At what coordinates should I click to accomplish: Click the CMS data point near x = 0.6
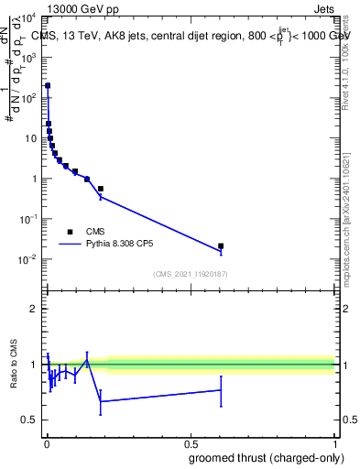coord(221,245)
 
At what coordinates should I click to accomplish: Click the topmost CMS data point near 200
coord(48,85)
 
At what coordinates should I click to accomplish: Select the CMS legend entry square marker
coord(70,232)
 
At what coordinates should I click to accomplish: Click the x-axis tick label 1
coord(333,445)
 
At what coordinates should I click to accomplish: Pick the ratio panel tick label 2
coord(34,310)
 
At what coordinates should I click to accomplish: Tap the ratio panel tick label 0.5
coord(29,420)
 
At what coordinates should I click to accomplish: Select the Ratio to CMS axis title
coord(15,365)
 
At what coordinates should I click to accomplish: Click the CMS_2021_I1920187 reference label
coord(190,274)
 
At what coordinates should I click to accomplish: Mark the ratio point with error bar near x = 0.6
coord(221,390)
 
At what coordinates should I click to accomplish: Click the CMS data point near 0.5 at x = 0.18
coord(100,189)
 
